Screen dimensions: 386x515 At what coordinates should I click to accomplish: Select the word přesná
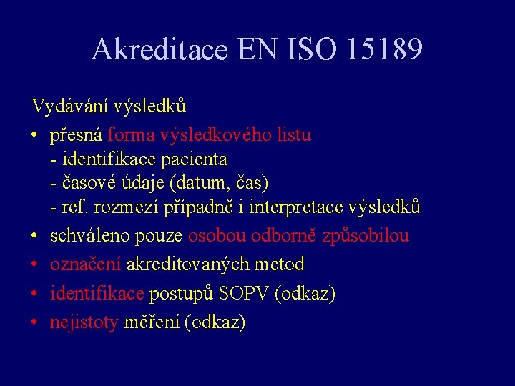pyautogui.click(x=77, y=135)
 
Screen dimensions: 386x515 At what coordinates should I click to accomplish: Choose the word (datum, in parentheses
pyautogui.click(x=201, y=183)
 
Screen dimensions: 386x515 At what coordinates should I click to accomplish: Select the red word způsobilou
pyautogui.click(x=365, y=236)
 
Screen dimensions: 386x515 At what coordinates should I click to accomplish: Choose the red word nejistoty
pyautogui.click(x=84, y=323)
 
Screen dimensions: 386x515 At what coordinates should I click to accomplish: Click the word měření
pyautogui.click(x=152, y=323)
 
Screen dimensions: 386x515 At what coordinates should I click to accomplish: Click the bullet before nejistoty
pyautogui.click(x=34, y=323)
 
